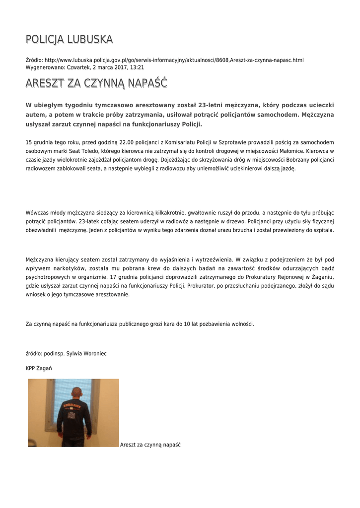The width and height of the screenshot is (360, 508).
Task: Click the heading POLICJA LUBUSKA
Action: (69, 39)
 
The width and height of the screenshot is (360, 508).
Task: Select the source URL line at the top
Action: (164, 60)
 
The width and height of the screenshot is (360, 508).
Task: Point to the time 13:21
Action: (137, 67)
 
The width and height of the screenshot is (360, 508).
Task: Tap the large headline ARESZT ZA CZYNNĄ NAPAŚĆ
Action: (96, 83)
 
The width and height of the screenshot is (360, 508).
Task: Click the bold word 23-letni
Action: (211, 105)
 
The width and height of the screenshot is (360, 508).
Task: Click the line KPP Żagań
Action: (39, 368)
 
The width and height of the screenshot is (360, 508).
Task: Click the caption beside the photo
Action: (150, 444)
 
